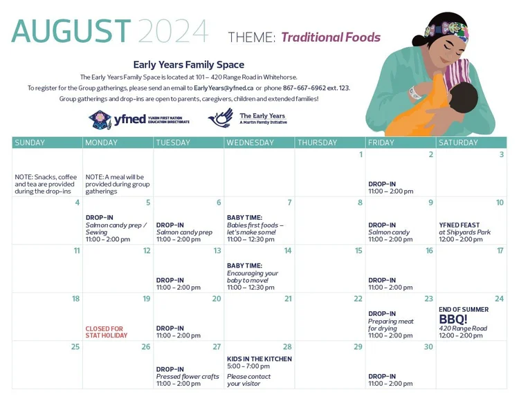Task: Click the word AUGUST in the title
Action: click(71, 30)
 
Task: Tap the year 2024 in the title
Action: click(173, 31)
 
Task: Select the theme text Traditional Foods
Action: click(331, 37)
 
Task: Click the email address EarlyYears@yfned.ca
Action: click(224, 88)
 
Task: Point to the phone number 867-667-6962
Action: click(304, 88)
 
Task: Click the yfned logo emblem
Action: click(100, 120)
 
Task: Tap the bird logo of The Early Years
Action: click(221, 118)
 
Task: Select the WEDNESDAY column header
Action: click(251, 142)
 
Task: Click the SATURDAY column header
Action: click(458, 142)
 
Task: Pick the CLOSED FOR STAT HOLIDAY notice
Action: click(107, 332)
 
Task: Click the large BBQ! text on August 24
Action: click(453, 319)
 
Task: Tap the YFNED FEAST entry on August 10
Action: click(459, 225)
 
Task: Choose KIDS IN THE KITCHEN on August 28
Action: click(259, 359)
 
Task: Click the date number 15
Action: click(358, 250)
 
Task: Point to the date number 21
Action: click(288, 299)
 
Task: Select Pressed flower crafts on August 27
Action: click(188, 377)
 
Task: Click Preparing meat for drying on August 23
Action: click(390, 325)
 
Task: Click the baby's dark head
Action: click(463, 98)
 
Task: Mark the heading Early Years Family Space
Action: click(189, 65)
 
